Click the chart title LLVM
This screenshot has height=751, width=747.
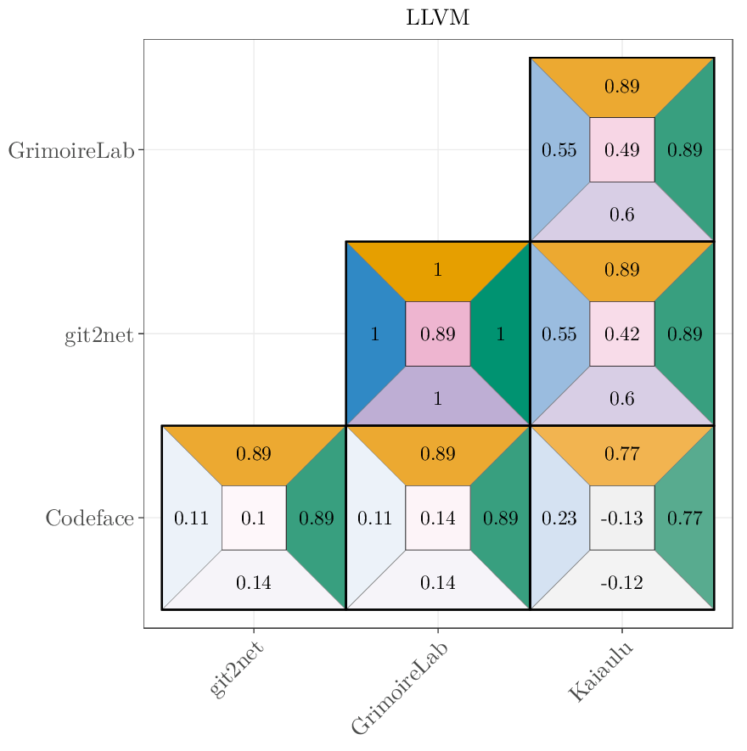(437, 18)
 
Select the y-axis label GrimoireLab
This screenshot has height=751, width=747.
(71, 151)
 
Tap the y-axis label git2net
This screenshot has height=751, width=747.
(98, 335)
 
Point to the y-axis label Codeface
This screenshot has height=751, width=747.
(89, 518)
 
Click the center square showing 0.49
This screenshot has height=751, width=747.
(621, 150)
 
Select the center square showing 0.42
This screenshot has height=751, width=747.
(621, 333)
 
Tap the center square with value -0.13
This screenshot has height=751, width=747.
(621, 518)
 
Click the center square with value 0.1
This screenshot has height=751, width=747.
(254, 518)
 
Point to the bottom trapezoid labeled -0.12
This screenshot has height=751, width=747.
(621, 583)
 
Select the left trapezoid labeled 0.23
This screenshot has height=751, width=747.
(559, 518)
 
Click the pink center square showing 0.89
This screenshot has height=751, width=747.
(437, 333)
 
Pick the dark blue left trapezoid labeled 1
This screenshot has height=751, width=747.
(374, 333)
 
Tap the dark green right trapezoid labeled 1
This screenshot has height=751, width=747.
(501, 333)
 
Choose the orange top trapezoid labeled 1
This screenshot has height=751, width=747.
(437, 271)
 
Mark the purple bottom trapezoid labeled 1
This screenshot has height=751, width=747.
(437, 398)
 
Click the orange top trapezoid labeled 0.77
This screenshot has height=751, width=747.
(621, 454)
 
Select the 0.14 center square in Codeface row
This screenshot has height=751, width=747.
(437, 518)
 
